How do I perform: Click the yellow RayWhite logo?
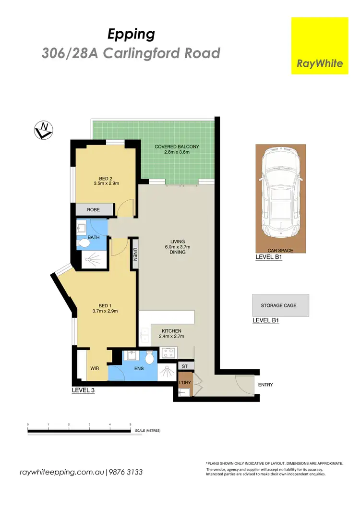point(320,46)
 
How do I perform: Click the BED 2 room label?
point(102,181)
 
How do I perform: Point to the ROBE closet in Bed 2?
point(94,210)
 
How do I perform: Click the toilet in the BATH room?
point(84,243)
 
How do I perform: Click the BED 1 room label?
point(105,308)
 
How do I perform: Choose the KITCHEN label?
point(171,331)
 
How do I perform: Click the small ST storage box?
point(185,366)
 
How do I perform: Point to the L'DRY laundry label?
point(185,382)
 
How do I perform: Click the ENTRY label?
point(265,385)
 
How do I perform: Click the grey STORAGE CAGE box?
point(280,305)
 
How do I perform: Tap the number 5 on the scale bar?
point(131,425)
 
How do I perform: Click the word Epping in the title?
point(131,34)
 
